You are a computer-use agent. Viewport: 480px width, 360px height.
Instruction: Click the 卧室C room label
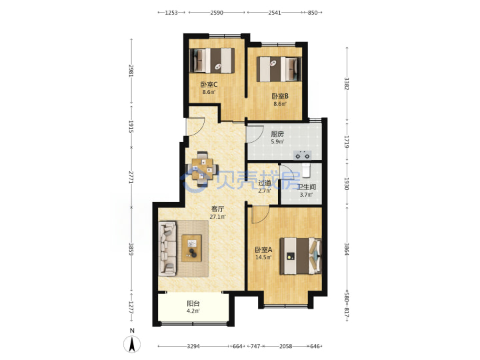(209, 85)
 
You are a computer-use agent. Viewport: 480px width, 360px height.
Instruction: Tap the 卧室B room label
(280, 96)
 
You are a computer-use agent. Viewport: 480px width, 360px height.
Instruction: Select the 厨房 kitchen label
(277, 134)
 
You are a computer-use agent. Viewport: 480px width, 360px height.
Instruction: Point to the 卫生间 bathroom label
(306, 187)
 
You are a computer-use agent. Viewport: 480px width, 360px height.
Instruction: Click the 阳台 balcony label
(193, 304)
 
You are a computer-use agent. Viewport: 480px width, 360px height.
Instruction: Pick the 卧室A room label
(263, 250)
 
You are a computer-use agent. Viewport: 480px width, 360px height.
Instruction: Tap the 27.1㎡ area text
(217, 217)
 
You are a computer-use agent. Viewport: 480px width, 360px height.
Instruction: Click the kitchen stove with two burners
(303, 155)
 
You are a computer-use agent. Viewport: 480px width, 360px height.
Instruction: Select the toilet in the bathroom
(306, 171)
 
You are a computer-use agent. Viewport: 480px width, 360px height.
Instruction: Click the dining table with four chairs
(203, 169)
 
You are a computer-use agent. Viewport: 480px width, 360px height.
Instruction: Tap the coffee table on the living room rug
(191, 248)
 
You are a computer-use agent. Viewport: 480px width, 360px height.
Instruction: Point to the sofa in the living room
(168, 248)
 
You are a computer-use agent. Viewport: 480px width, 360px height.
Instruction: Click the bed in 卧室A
(301, 256)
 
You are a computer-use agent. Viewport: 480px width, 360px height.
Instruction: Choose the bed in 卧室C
(212, 61)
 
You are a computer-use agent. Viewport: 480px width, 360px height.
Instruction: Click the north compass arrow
(132, 344)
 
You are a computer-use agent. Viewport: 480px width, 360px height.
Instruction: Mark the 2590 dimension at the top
(217, 13)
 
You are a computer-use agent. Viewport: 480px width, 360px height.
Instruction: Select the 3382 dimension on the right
(347, 83)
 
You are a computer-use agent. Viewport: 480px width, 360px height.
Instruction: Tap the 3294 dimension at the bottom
(193, 346)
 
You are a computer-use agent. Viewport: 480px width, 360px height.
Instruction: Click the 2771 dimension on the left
(131, 177)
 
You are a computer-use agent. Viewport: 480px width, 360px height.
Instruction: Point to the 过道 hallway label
(265, 183)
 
